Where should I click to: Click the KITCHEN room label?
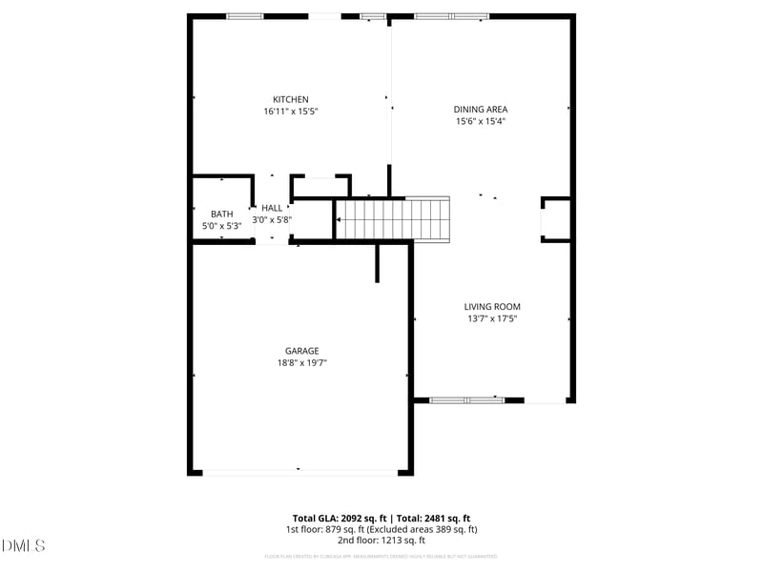click(290, 100)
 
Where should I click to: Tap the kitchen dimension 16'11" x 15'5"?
click(290, 112)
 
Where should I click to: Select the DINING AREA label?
click(481, 110)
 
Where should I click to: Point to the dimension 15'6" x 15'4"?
click(480, 121)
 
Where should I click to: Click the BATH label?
click(221, 214)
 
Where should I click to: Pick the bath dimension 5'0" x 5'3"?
click(221, 226)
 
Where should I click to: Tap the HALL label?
click(272, 208)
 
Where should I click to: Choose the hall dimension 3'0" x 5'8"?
click(272, 219)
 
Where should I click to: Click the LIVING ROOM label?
click(492, 307)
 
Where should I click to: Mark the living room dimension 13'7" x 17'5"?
click(492, 318)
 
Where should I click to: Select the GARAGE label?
click(301, 351)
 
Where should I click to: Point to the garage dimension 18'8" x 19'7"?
click(301, 362)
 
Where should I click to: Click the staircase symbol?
click(394, 218)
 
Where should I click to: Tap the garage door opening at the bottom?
click(299, 471)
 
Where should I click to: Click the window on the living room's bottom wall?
click(466, 400)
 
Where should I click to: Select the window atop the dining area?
click(451, 16)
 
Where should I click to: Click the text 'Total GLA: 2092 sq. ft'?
click(340, 518)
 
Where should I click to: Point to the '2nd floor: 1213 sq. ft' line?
click(381, 541)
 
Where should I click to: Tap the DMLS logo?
click(24, 545)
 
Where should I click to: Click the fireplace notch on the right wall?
click(556, 220)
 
